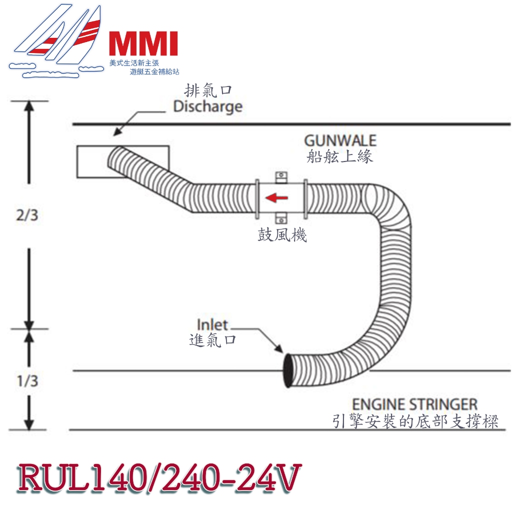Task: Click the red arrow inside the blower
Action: coord(276,197)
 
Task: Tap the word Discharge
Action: coord(208,107)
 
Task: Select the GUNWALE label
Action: coord(340,140)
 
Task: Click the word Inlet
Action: coord(212,324)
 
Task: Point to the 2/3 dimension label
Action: coord(27,215)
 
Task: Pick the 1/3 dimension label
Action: coord(27,380)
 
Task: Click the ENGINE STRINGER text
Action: coord(414,404)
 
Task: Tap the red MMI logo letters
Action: coord(143,43)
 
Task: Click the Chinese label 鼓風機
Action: coord(282,234)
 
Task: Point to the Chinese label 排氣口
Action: coord(208,90)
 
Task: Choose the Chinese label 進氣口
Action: coord(212,340)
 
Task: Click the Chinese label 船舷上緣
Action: coord(339,156)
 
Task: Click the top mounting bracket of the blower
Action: coord(281,177)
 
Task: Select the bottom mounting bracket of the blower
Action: coord(281,218)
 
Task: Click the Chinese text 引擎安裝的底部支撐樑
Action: coord(415,421)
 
